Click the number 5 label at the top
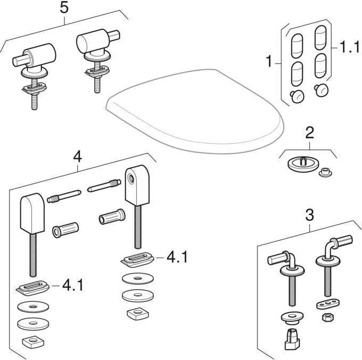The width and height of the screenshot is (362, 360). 64,8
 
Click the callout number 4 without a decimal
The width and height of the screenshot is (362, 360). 77,157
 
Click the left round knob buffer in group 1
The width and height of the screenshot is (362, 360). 297,96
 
